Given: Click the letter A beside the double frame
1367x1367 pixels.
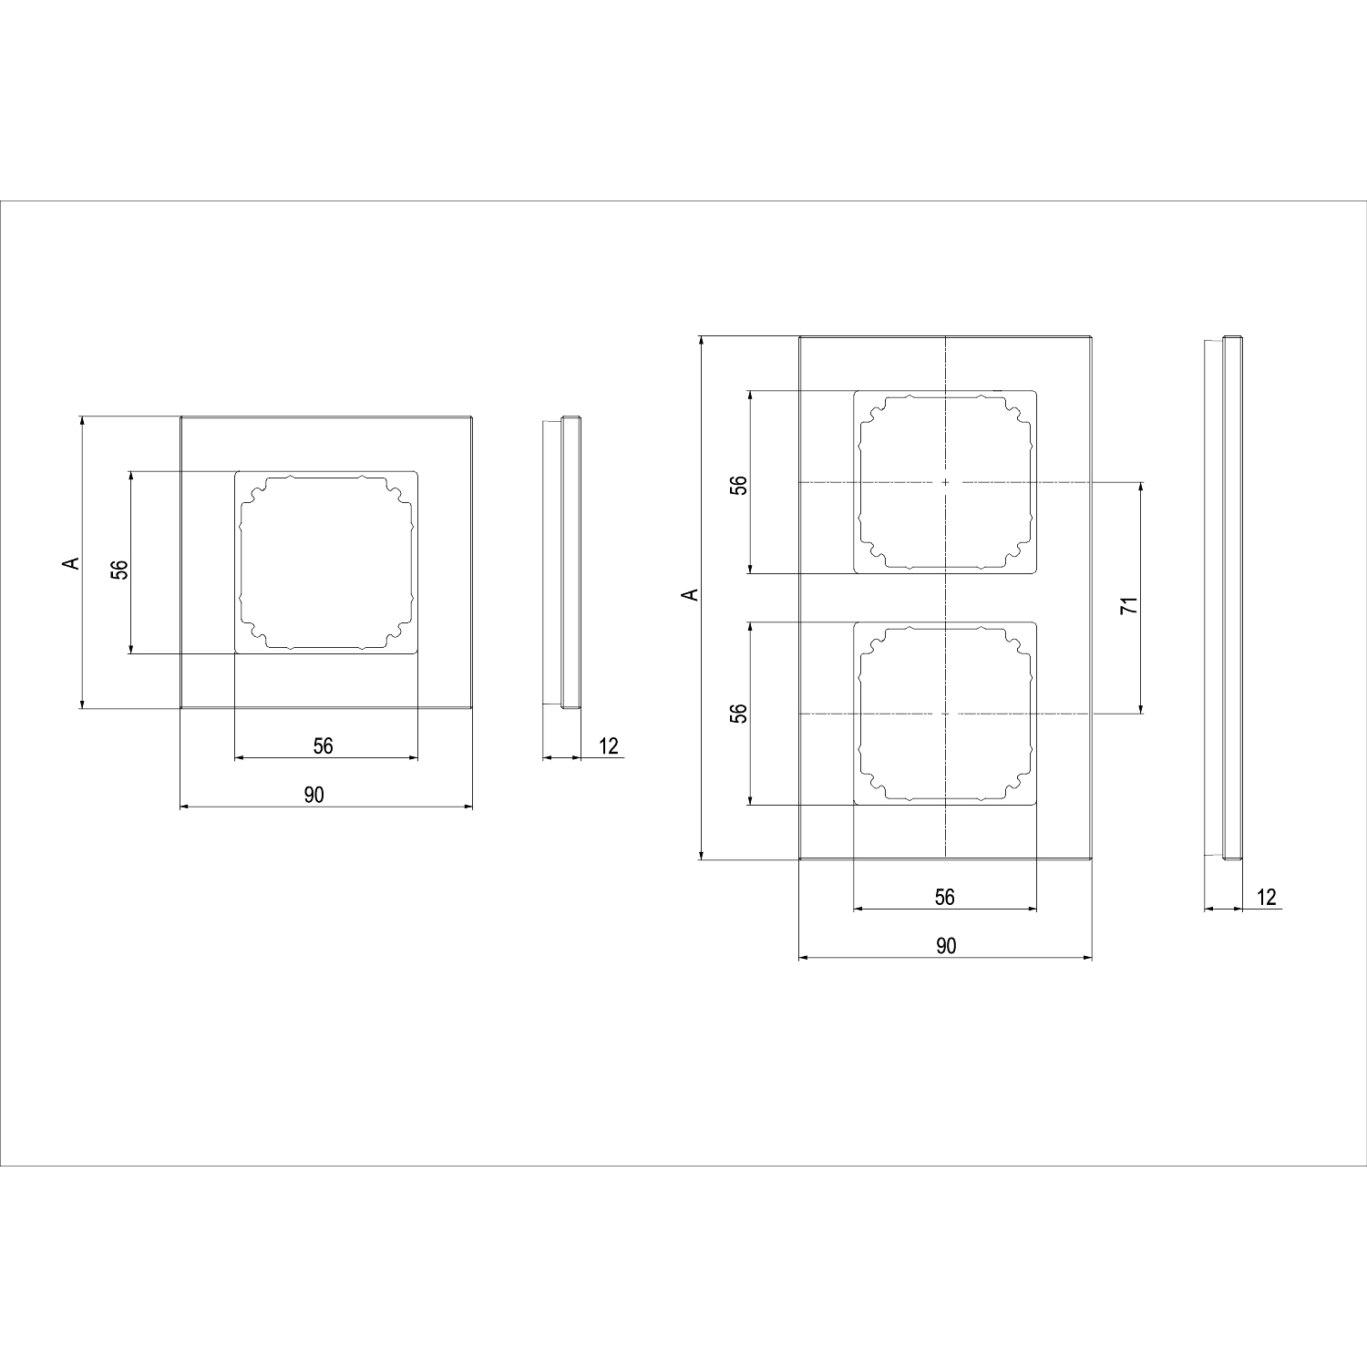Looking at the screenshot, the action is (x=691, y=595).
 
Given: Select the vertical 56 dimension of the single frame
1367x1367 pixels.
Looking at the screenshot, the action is (x=119, y=569).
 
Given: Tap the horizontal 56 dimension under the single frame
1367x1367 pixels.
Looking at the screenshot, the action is (x=324, y=746).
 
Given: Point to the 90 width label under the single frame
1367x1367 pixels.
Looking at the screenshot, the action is (x=313, y=796).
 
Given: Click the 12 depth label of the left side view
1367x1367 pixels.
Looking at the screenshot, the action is (x=609, y=746).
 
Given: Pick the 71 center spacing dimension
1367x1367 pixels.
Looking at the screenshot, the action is (x=1129, y=605).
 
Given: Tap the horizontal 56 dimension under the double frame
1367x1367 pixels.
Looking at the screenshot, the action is (x=945, y=898).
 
